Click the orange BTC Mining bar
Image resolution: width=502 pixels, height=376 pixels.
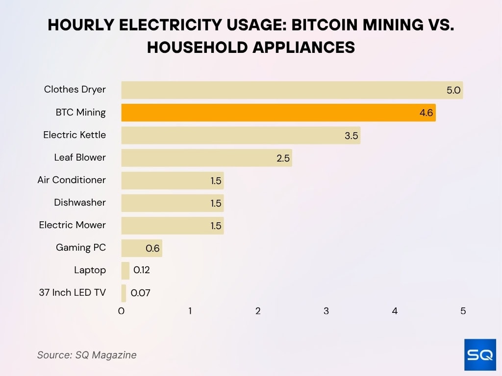point(278,113)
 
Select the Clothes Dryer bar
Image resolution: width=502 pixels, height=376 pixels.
point(292,90)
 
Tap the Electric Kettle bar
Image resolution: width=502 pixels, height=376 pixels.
point(240,135)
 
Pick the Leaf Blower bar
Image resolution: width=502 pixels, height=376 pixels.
point(206,158)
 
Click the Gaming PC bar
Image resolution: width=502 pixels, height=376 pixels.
point(141,248)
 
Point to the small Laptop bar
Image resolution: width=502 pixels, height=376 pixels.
point(125,270)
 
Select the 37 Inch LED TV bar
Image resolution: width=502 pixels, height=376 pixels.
point(124,293)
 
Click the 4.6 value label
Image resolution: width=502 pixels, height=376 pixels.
point(426,113)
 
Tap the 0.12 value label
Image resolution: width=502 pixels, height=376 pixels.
point(142,270)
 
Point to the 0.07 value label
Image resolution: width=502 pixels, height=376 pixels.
point(140,293)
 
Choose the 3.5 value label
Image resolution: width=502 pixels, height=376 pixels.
point(351,136)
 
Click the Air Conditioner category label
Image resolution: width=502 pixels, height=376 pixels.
point(72,180)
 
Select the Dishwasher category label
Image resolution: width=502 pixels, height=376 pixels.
point(80,202)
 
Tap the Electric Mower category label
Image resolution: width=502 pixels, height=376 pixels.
point(73,225)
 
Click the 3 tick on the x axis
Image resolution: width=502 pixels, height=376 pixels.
point(326,311)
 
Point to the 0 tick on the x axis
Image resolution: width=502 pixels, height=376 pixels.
point(122,311)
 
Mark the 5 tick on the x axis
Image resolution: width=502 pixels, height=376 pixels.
point(463,311)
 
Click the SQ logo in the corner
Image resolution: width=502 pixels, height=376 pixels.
point(480,355)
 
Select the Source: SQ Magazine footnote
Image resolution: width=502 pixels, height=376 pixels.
point(87,355)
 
